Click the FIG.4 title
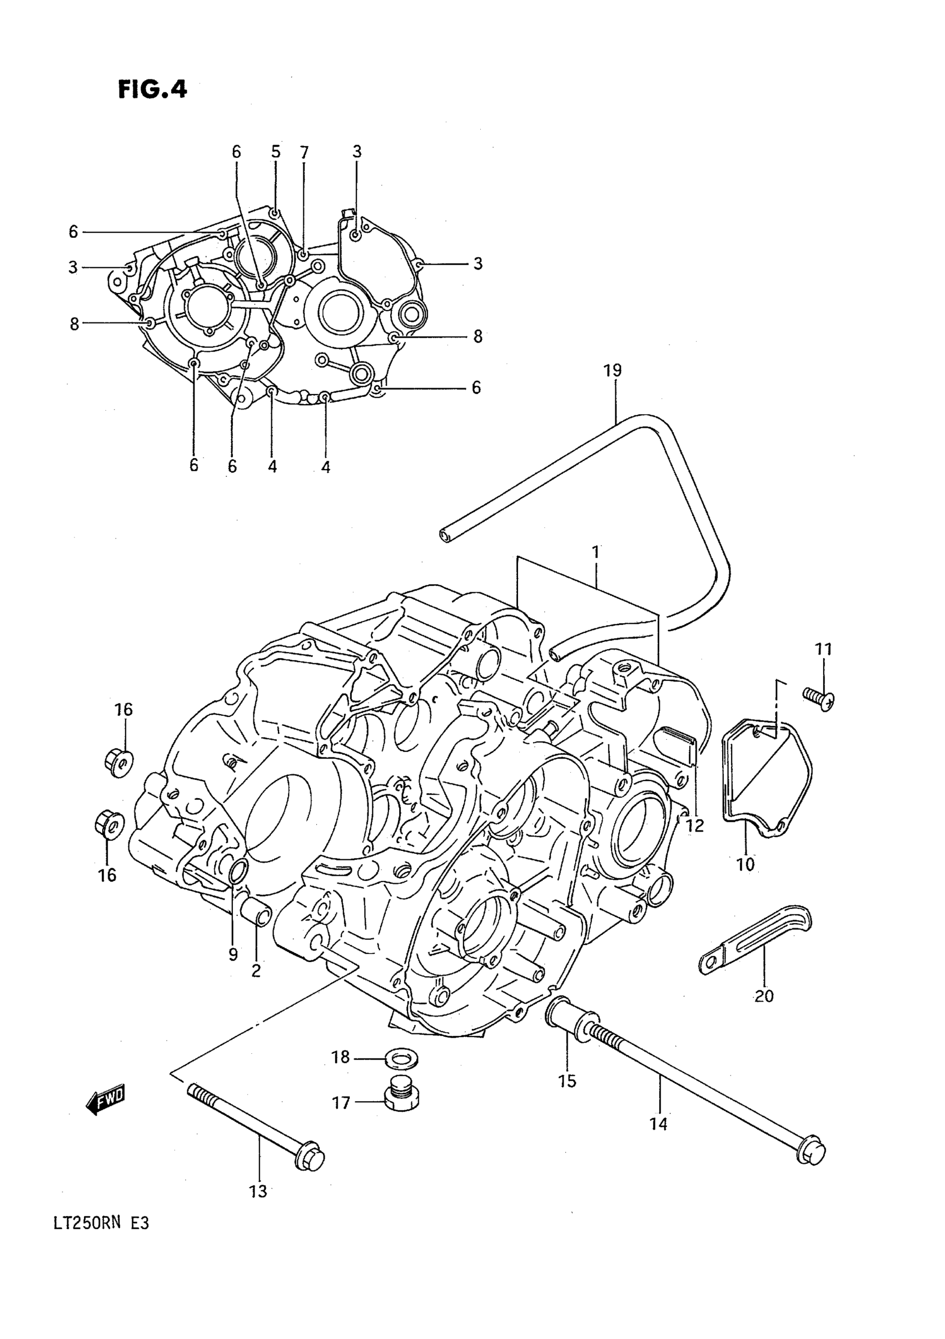152,90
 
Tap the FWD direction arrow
106,1099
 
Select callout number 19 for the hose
613,370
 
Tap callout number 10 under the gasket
745,864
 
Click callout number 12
695,825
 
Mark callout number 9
233,954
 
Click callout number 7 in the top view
304,153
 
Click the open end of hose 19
446,535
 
